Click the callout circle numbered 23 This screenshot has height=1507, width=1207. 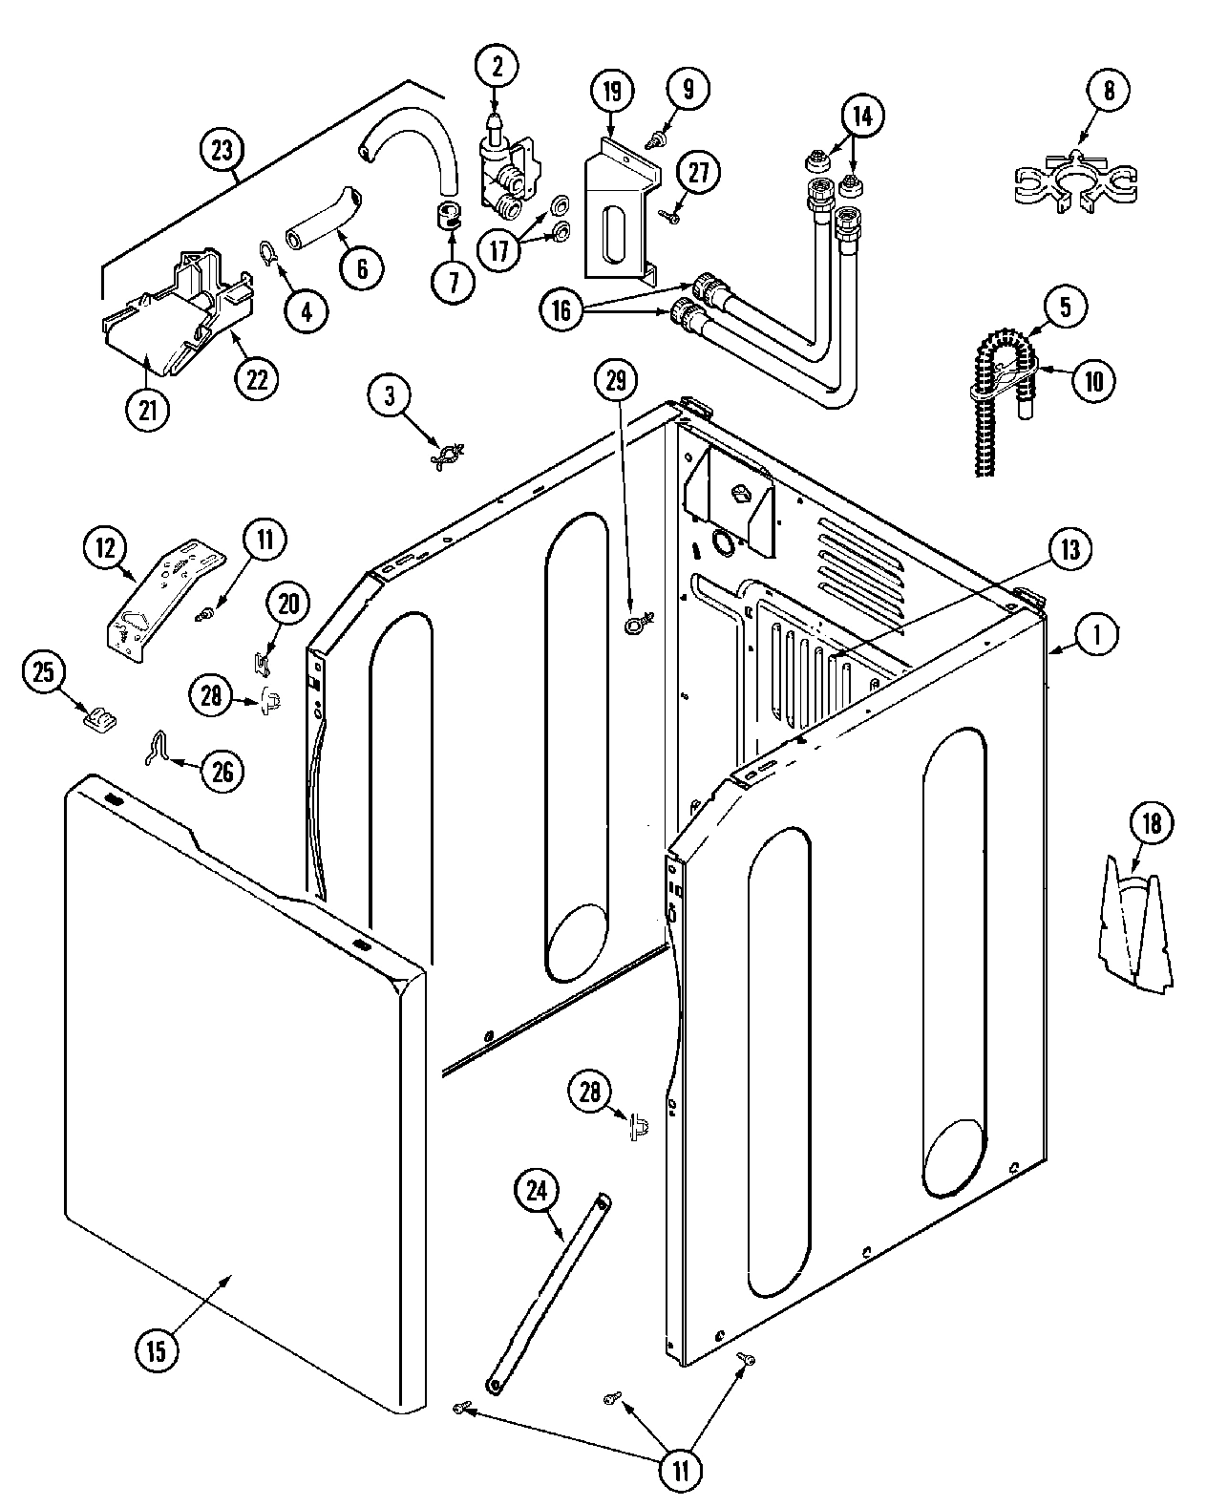coord(222,149)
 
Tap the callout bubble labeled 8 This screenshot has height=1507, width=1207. coord(1107,91)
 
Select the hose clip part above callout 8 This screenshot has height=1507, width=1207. coord(1075,181)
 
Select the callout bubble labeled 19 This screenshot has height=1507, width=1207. coord(611,93)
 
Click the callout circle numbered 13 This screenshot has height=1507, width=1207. coord(1069,549)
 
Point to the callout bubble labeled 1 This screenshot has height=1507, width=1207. coord(1097,633)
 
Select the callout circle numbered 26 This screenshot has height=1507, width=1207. coord(222,771)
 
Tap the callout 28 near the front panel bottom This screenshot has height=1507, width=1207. coord(590,1092)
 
